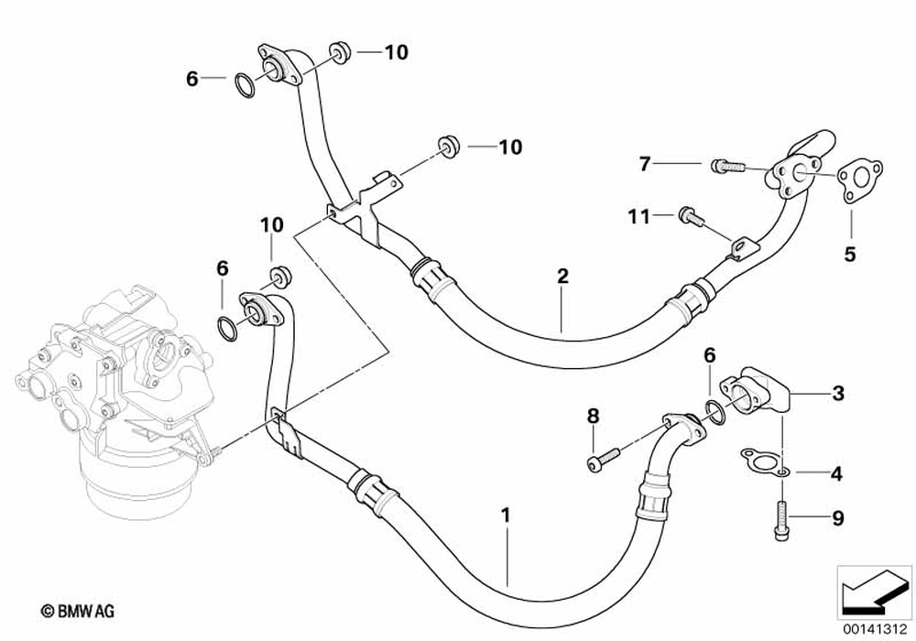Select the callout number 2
tap(562, 276)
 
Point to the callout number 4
tap(836, 474)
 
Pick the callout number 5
tap(850, 254)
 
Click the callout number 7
tap(645, 164)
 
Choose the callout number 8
tap(593, 417)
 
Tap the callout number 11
tap(639, 216)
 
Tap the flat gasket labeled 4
tap(760, 461)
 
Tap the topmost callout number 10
tap(396, 52)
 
